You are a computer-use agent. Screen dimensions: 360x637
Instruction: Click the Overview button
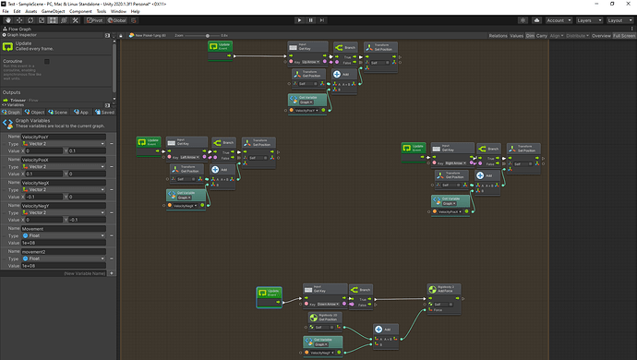[601, 35]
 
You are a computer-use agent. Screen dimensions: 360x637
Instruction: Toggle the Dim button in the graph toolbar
[531, 35]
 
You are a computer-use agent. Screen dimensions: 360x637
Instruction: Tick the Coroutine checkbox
[47, 62]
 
